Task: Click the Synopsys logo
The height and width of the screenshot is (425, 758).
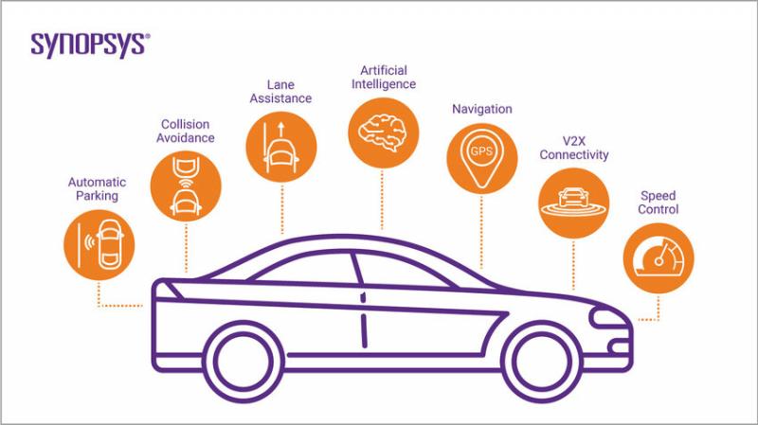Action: click(x=90, y=45)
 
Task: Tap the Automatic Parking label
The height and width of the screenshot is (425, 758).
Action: click(x=98, y=188)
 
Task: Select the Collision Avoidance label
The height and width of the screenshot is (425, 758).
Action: click(x=185, y=131)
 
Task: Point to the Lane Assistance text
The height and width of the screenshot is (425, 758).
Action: click(x=280, y=91)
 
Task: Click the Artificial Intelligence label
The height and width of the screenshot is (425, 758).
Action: click(x=384, y=78)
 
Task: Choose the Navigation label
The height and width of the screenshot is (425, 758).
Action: click(x=482, y=109)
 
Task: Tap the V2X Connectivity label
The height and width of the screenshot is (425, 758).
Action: click(x=574, y=148)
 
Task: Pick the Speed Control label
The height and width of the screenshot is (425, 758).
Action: click(x=658, y=203)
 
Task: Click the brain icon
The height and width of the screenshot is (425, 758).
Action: click(x=382, y=133)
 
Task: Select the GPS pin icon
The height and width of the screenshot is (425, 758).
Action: click(x=481, y=158)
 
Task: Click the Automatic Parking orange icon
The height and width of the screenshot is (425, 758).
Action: click(x=99, y=245)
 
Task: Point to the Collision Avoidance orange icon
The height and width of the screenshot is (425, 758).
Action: click(x=186, y=186)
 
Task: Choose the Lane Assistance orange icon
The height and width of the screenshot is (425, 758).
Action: click(x=281, y=147)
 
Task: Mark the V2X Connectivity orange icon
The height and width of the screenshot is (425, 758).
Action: click(x=574, y=203)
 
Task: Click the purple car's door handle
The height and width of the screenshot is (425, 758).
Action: click(x=363, y=298)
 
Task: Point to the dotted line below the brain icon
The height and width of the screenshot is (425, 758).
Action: click(x=382, y=199)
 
